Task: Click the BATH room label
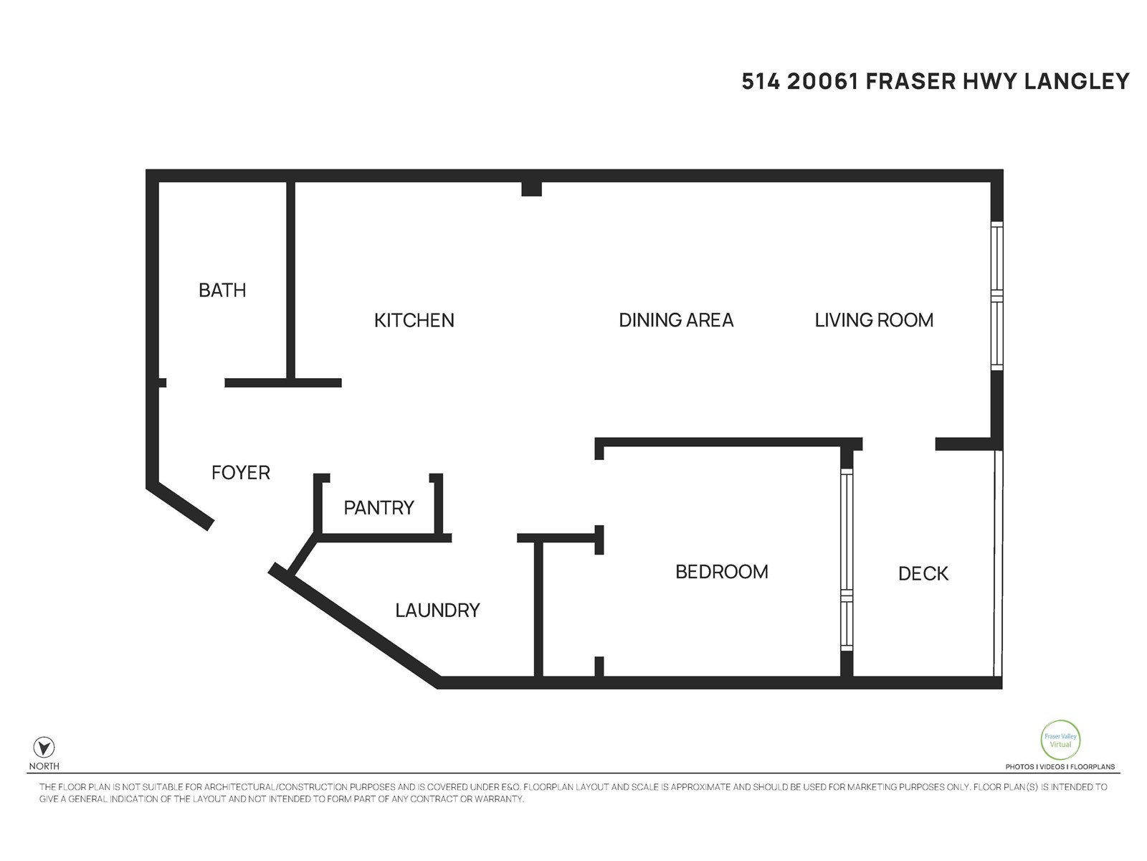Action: tap(222, 290)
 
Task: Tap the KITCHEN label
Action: tap(414, 321)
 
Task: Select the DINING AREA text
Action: tap(676, 320)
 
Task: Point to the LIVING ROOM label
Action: tap(874, 320)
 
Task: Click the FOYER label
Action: tap(240, 473)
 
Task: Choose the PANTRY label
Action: tap(379, 507)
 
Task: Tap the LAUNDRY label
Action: tap(437, 610)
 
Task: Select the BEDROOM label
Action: tap(722, 571)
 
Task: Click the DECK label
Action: tap(923, 573)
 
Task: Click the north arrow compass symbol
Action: tap(44, 747)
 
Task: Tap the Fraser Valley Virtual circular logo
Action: tap(1060, 740)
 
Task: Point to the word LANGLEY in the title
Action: tap(1077, 81)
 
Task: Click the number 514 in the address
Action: tap(761, 81)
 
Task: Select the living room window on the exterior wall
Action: tap(996, 296)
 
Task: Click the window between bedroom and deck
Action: tap(846, 560)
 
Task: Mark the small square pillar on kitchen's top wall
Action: tap(531, 189)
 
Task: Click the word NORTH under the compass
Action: tap(44, 766)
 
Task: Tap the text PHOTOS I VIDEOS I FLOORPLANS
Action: tap(1060, 766)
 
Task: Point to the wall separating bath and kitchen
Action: tap(290, 281)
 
